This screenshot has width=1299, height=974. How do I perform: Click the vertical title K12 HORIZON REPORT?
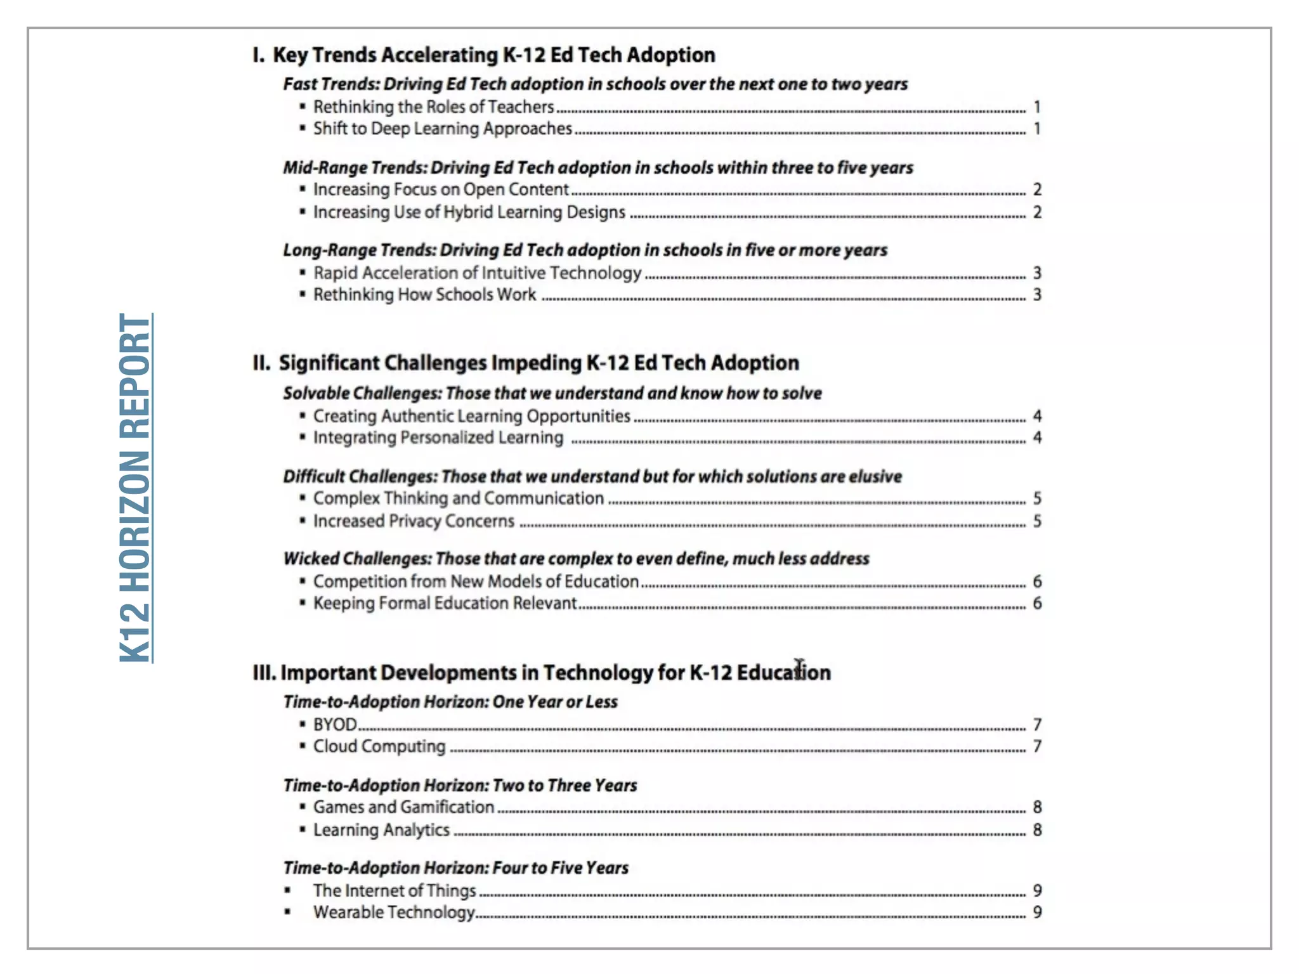pyautogui.click(x=135, y=488)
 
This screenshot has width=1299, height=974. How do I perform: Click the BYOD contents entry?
pyautogui.click(x=335, y=724)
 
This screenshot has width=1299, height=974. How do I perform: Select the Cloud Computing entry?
pyautogui.click(x=379, y=746)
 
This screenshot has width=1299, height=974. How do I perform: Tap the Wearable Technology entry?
pyautogui.click(x=393, y=912)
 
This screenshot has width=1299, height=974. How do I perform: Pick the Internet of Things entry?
pyautogui.click(x=394, y=891)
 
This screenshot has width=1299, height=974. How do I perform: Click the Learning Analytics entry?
pyautogui.click(x=381, y=830)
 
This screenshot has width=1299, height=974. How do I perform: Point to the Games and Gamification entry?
pyautogui.click(x=403, y=807)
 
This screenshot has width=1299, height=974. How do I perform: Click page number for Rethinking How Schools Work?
pyautogui.click(x=1037, y=295)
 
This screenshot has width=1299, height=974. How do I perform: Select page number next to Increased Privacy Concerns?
pyautogui.click(x=1037, y=521)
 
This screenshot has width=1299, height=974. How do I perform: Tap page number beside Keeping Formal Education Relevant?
pyautogui.click(x=1037, y=603)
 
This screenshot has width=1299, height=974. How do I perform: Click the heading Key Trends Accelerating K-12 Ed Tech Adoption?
pyautogui.click(x=483, y=55)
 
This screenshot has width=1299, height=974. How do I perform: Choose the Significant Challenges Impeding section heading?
pyautogui.click(x=525, y=363)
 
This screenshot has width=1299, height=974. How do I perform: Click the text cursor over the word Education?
pyautogui.click(x=799, y=668)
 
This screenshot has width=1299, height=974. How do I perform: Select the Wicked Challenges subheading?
pyautogui.click(x=576, y=559)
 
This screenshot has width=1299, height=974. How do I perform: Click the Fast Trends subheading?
pyautogui.click(x=595, y=84)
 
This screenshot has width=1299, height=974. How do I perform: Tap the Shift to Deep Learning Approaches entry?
pyautogui.click(x=442, y=129)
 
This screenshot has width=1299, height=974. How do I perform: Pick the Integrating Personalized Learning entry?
pyautogui.click(x=438, y=438)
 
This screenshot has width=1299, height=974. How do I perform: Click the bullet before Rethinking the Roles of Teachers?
pyautogui.click(x=303, y=107)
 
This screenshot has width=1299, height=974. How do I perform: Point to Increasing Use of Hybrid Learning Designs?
pyautogui.click(x=469, y=212)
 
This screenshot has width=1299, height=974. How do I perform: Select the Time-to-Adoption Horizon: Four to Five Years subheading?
pyautogui.click(x=455, y=868)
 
